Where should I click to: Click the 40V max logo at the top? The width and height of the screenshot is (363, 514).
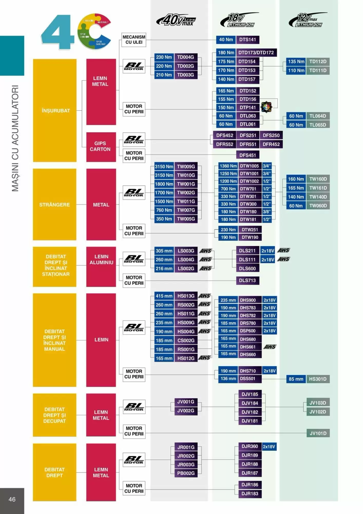click(x=176, y=20)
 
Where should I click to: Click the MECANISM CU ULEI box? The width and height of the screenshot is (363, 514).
click(x=134, y=40)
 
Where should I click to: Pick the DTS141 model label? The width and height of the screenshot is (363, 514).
click(x=247, y=40)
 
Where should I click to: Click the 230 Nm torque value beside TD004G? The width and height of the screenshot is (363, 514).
click(x=164, y=57)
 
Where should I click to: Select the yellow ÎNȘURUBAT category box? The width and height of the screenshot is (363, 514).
click(x=55, y=111)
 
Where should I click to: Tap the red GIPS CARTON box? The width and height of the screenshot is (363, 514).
click(x=101, y=146)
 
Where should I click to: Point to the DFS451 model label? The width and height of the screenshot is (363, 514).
click(x=247, y=155)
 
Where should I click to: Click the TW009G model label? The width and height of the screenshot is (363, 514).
click(x=186, y=167)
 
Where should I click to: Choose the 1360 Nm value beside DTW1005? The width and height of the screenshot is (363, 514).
click(x=228, y=166)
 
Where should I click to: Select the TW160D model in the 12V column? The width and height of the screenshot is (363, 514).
click(x=318, y=179)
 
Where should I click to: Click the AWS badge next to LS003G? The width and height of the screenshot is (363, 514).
click(x=206, y=251)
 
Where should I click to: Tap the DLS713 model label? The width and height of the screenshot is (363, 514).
click(x=247, y=280)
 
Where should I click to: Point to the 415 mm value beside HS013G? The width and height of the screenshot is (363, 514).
click(x=164, y=296)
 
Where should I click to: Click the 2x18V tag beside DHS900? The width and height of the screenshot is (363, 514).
click(x=269, y=300)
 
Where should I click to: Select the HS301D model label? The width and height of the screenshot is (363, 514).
click(x=318, y=379)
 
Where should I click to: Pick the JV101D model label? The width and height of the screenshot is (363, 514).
click(x=318, y=433)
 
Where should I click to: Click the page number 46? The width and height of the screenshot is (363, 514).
click(x=12, y=499)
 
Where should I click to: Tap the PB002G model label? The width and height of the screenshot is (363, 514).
click(x=186, y=473)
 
